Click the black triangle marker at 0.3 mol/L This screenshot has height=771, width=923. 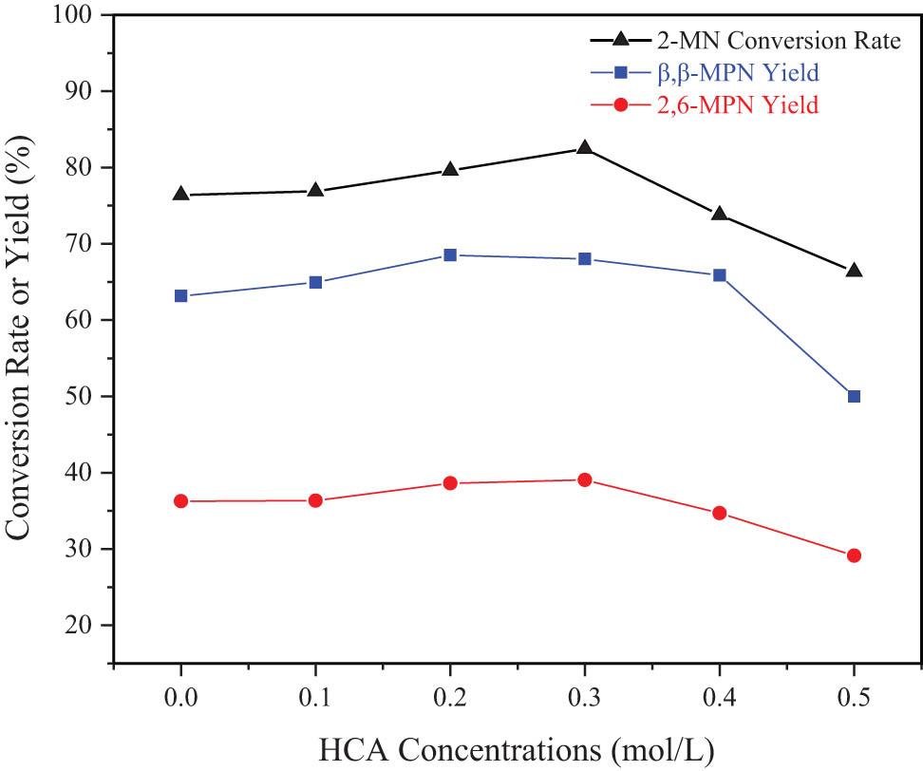click(585, 149)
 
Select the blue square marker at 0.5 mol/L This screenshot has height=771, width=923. click(854, 396)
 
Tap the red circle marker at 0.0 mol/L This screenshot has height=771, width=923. click(180, 500)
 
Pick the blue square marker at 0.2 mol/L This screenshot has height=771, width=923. click(450, 255)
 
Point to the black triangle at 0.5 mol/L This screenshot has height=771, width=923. click(854, 271)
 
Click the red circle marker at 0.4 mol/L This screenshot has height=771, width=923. click(719, 513)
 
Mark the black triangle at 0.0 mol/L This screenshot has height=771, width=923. click(180, 195)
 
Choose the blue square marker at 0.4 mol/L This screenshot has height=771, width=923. click(719, 275)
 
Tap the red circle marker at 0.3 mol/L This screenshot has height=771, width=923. click(585, 480)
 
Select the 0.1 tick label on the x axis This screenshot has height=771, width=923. click(315, 698)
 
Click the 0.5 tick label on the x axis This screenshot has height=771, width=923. click(854, 698)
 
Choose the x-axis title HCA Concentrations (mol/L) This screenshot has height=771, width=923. click(518, 747)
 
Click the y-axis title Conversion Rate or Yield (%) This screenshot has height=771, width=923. click(21, 337)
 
